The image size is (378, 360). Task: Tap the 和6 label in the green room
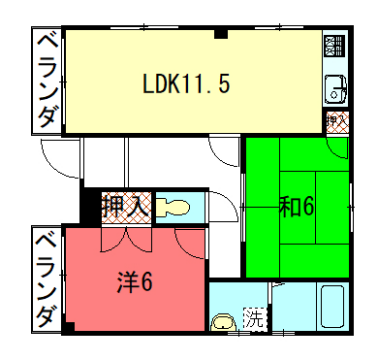tap(297, 207)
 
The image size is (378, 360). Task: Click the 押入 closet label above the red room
tap(126, 208)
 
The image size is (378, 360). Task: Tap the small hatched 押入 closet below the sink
tap(337, 121)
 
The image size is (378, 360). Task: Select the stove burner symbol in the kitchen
tap(334, 45)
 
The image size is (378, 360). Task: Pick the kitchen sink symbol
tap(334, 88)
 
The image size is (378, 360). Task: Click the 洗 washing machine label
tap(256, 321)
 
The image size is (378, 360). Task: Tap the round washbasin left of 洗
tap(223, 322)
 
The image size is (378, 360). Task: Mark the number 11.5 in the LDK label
tap(211, 84)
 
